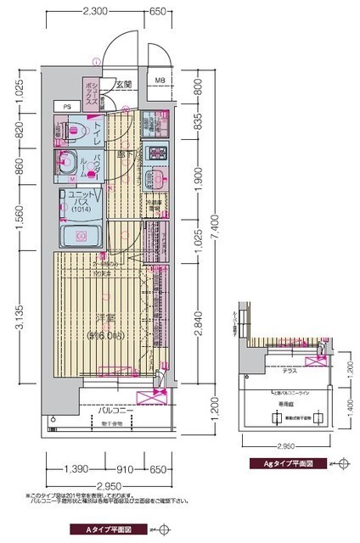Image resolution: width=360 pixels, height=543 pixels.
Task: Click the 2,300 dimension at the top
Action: point(96,12)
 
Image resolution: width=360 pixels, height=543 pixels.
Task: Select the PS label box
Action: point(66,106)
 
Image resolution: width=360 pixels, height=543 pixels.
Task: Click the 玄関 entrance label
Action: point(124,84)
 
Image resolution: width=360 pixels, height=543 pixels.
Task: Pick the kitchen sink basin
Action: point(156,179)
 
